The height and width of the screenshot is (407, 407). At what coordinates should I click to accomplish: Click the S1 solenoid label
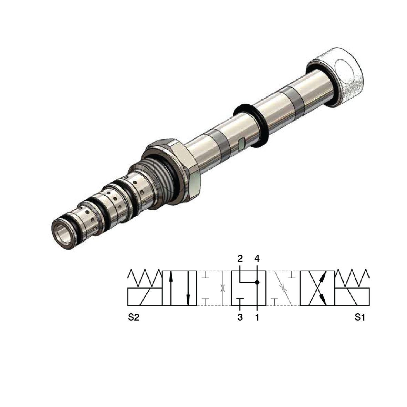[360, 317]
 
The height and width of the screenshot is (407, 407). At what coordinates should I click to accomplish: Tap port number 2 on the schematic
[240, 258]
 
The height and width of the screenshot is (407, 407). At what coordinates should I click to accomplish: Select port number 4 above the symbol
[257, 258]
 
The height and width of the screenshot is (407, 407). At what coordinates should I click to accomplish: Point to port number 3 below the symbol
[240, 317]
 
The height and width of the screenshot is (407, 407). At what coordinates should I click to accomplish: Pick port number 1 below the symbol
[257, 317]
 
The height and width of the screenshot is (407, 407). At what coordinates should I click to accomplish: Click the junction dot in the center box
[257, 282]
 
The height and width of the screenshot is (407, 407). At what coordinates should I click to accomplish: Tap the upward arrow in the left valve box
[171, 288]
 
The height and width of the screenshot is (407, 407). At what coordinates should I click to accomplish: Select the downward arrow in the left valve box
[188, 288]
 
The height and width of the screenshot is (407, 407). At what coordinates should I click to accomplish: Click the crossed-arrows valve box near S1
[317, 288]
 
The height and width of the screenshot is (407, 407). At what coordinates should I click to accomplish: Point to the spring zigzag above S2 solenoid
[145, 278]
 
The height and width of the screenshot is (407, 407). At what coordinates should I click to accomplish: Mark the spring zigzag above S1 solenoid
[352, 278]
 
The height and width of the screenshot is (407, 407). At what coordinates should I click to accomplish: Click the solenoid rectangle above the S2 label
[145, 296]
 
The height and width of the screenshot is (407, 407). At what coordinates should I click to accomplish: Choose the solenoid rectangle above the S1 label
[352, 296]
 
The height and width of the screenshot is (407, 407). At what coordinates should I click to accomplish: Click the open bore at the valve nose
[62, 234]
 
